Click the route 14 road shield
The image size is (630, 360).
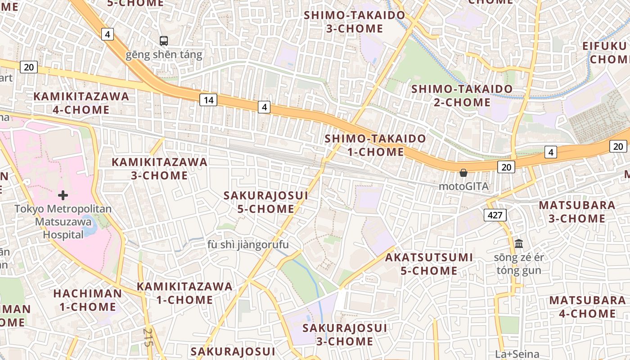(x=208, y=100)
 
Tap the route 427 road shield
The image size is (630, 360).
(x=495, y=215)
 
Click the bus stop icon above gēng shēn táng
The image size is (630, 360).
(x=164, y=41)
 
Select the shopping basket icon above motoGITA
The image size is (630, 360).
(x=463, y=173)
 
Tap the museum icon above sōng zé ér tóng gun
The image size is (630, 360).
(x=518, y=244)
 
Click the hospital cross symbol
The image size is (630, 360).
(x=63, y=195)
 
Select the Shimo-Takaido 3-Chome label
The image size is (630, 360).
(x=354, y=22)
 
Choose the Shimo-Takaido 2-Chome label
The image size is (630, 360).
(x=462, y=95)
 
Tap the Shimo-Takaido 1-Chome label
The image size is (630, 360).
(x=375, y=145)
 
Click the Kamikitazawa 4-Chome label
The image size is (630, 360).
(x=81, y=103)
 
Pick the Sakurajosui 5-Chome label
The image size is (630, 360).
(x=265, y=202)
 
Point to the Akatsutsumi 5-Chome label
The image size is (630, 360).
(x=429, y=264)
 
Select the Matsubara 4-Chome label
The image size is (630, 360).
(x=587, y=307)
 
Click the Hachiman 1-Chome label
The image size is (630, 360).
(x=87, y=300)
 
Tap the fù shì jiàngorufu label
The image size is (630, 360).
(x=248, y=245)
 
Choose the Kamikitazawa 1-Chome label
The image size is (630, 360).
(x=184, y=293)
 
